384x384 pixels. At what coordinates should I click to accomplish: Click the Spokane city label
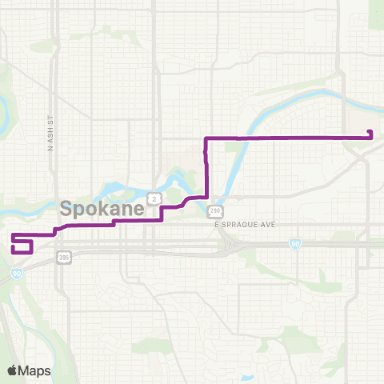pos(102,210)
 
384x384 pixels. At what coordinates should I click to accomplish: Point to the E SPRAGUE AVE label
pos(245,225)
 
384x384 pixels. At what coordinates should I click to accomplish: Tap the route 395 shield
pos(64,257)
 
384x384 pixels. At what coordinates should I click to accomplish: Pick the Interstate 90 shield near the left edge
pos(17,272)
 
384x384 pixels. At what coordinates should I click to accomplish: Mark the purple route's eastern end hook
pos(371,134)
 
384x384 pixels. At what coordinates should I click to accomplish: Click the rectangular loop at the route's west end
pos(22,245)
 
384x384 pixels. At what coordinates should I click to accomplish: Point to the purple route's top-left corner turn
pos(206,139)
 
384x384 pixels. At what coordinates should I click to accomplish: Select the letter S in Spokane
pos(66,210)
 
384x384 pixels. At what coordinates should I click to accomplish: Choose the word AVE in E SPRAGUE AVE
pos(267,225)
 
